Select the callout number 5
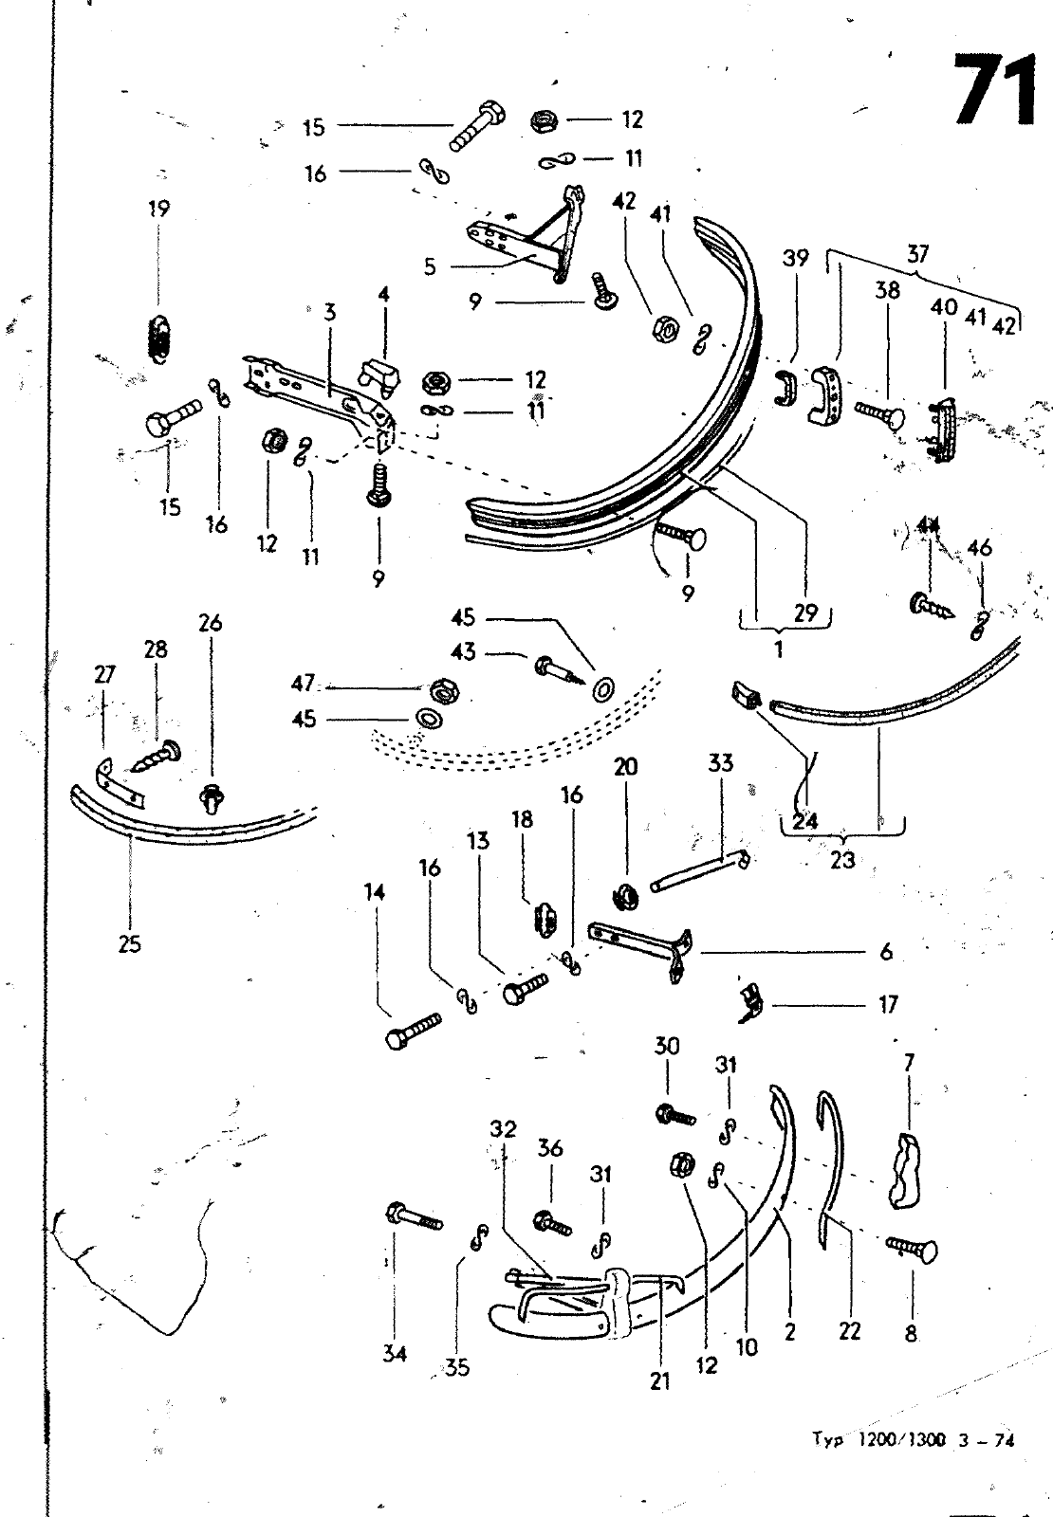click(x=430, y=266)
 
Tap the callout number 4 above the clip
click(x=383, y=294)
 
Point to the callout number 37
click(x=917, y=254)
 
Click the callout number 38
click(x=887, y=290)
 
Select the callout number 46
click(x=980, y=548)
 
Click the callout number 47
click(x=303, y=684)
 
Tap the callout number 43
click(x=465, y=652)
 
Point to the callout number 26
click(x=211, y=623)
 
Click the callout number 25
click(x=130, y=943)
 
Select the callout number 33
click(x=721, y=762)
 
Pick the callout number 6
click(x=886, y=951)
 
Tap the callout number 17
click(x=888, y=1003)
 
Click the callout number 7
click(x=909, y=1063)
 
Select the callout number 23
click(x=841, y=860)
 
